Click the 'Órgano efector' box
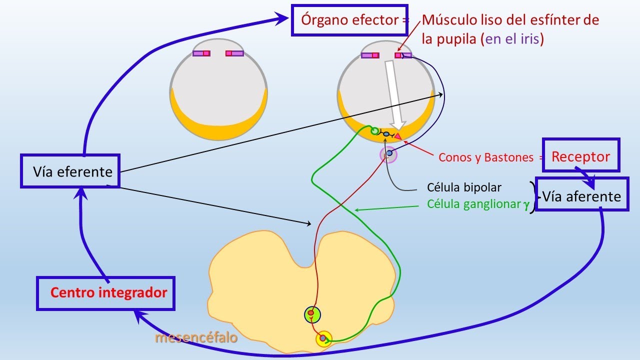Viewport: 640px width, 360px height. pos(349,20)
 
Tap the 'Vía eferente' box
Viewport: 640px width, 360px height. pos(70,171)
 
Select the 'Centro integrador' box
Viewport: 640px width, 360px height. pos(105,293)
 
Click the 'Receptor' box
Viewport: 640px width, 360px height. pos(581,155)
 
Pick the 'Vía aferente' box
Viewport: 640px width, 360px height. pos(582,194)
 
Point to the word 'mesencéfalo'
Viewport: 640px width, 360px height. pos(196,337)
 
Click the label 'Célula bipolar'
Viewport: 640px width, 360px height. pos(464,187)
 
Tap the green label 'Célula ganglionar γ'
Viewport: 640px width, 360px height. pos(478,204)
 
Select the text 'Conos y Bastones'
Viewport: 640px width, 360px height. pos(486,157)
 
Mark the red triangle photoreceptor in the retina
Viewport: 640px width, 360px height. pos(397,136)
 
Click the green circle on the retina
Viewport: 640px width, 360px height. pos(374,131)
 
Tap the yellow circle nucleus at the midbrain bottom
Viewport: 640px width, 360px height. pos(323,338)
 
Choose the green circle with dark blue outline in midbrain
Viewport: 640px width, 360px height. pos(312,314)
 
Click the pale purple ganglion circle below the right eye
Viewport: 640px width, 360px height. pos(388,154)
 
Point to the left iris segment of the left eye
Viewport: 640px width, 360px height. pos(201,53)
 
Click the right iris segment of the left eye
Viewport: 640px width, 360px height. pos(234,53)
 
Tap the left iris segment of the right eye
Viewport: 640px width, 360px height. pos(370,55)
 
